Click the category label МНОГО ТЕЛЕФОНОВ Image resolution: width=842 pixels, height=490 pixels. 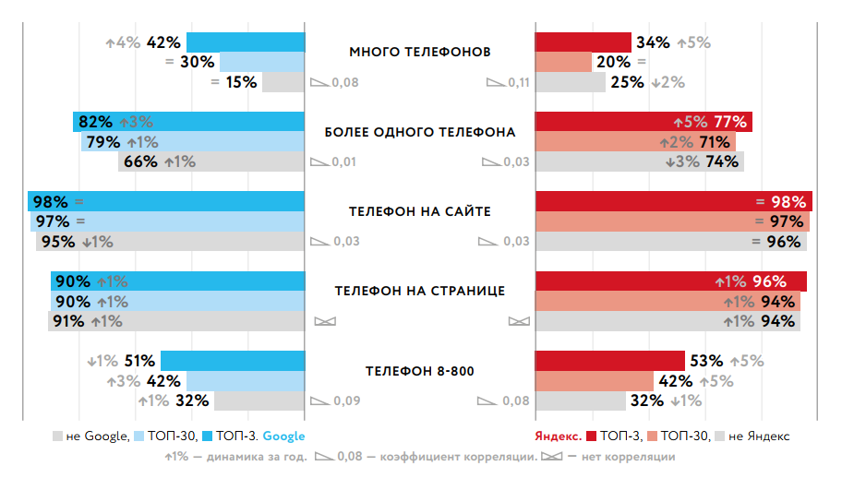click(420, 52)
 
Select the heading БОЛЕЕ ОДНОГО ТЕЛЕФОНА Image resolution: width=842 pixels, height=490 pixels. click(420, 132)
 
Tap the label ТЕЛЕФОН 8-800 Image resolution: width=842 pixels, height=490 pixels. click(420, 371)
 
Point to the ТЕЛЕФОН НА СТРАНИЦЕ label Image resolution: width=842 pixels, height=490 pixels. click(420, 291)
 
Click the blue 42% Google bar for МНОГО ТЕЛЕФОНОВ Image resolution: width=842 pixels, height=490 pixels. click(245, 42)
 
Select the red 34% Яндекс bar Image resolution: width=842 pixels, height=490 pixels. click(583, 42)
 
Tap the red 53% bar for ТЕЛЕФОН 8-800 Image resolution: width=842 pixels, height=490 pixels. click(609, 361)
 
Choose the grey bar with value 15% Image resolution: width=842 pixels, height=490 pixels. click(283, 82)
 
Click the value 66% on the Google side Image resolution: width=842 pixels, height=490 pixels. click(140, 162)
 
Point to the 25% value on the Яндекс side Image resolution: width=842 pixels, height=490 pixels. click(627, 82)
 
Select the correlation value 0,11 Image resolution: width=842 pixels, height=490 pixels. click(519, 83)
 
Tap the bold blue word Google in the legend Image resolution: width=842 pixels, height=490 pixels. click(284, 436)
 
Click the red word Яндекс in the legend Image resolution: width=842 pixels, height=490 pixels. click(558, 436)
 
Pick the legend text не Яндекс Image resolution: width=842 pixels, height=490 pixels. click(759, 436)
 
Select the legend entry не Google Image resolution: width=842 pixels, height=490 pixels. click(98, 436)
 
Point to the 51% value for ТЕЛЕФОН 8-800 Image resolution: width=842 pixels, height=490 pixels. click(138, 361)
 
